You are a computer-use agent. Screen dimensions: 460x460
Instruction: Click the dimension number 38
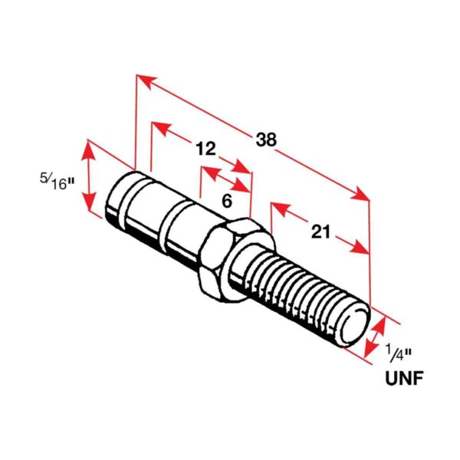(x=266, y=140)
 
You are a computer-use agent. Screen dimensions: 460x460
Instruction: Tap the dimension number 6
(x=226, y=200)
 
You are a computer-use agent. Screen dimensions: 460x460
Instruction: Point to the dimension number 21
(x=320, y=231)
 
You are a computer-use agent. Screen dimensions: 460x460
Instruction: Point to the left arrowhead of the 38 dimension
(x=143, y=79)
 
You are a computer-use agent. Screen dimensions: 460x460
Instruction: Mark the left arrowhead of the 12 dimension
(x=159, y=125)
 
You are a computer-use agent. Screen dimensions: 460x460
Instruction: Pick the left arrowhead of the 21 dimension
(x=277, y=207)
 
